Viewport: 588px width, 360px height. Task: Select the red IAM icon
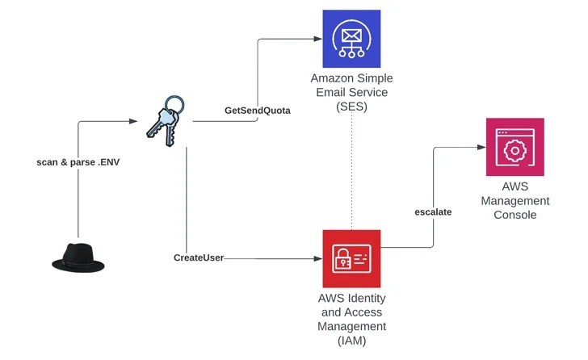pyautogui.click(x=351, y=258)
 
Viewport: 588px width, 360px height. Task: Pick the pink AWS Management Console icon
pyautogui.click(x=514, y=147)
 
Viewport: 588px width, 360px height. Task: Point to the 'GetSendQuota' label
pyautogui.click(x=258, y=110)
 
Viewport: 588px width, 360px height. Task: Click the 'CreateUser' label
pyautogui.click(x=199, y=257)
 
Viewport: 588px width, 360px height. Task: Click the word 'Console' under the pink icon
pyautogui.click(x=514, y=215)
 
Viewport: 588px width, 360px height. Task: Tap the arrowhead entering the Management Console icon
pyautogui.click(x=480, y=147)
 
